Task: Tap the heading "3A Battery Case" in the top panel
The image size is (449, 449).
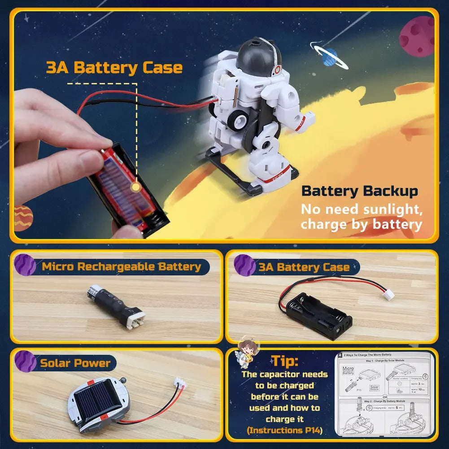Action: coord(114,68)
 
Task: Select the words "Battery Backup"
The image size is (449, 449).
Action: coord(359,191)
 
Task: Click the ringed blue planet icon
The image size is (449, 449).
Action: coord(330,57)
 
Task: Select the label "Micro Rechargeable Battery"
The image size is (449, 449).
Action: coord(121,267)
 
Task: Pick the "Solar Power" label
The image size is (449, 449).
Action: coord(75,363)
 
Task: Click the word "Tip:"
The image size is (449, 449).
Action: coord(285,361)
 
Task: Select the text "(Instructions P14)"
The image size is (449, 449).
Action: coord(284,431)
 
